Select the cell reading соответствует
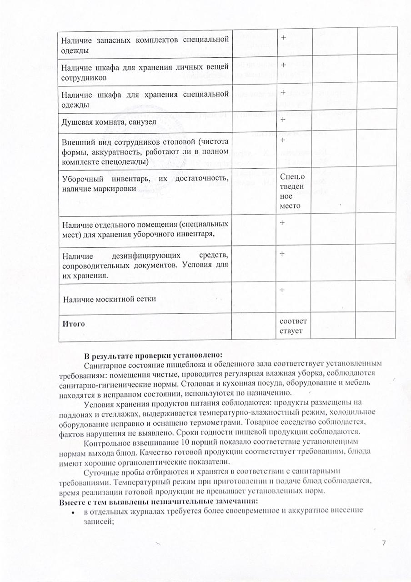[294, 326]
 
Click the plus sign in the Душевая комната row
[282, 120]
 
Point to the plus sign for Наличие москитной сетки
[282, 290]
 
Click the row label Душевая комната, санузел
[109, 121]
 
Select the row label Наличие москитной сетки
[110, 299]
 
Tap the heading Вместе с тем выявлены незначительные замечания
[158, 502]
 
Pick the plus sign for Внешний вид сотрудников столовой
[282, 139]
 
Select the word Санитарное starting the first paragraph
[104, 364]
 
